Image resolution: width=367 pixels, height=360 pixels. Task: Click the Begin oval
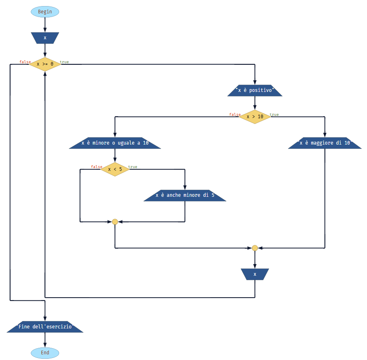pos(45,12)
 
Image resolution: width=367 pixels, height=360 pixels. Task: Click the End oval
pos(45,353)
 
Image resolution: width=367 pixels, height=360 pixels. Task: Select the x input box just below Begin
pos(45,38)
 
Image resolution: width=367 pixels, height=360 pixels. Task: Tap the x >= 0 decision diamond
pos(45,64)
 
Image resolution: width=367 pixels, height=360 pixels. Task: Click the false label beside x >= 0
pos(25,62)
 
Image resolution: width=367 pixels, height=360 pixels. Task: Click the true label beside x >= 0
pos(64,62)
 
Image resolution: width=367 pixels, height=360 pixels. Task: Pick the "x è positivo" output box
pos(255,90)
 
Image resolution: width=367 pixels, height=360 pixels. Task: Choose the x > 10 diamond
pos(255,117)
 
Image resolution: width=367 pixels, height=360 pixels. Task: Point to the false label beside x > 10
pos(235,115)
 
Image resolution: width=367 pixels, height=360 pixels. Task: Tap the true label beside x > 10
pos(274,115)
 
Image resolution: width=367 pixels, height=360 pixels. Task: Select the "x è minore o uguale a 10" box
pos(115,143)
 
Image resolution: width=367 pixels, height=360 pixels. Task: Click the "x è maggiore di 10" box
pos(325,143)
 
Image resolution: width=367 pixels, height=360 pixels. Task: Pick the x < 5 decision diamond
pos(115,169)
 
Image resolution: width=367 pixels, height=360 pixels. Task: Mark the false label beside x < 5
pos(96,167)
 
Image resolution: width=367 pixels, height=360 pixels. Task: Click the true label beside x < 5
pos(133,167)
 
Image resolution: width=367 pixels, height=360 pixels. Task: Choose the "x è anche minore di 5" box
pos(185,195)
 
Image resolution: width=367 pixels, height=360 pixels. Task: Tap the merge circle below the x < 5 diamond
pos(115,222)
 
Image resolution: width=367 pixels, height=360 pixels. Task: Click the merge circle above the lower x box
pos(255,248)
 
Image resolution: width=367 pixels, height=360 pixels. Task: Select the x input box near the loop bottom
pos(255,274)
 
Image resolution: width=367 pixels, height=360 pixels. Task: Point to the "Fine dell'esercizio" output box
pos(45,327)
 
